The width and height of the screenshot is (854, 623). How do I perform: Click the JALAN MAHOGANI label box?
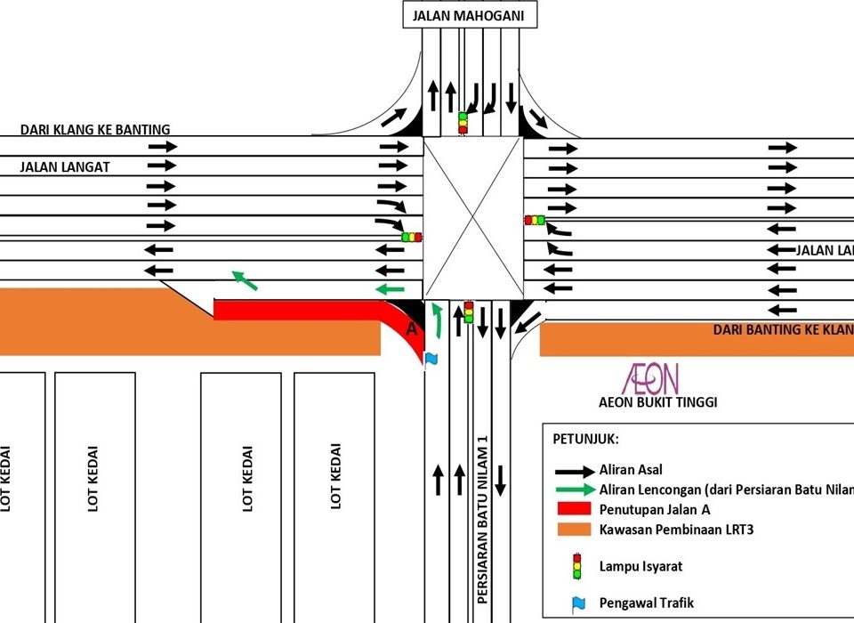pos(470,15)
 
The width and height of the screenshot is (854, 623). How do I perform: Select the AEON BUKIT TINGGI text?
pos(657,402)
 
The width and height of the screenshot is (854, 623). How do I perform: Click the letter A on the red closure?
pos(411,328)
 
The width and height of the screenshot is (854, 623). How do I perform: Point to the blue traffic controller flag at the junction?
pos(432,358)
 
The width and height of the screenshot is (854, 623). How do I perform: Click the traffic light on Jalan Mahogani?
pos(463,122)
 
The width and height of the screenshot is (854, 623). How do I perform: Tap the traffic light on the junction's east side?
pos(535,220)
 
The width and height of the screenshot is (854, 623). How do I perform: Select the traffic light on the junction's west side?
pos(411,237)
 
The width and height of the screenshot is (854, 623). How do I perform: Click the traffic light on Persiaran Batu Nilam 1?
pos(468,311)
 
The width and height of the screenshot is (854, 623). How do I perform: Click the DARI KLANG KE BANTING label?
pos(95,130)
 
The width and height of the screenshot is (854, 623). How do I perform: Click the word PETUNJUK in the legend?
pos(587,440)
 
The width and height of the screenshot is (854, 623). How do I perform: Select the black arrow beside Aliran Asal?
pos(576,470)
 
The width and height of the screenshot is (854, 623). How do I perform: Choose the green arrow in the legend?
pos(576,489)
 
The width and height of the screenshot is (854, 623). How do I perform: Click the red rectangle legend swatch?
pos(576,510)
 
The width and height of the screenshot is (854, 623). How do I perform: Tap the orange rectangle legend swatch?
pos(576,530)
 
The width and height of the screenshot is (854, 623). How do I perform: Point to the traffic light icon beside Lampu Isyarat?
pos(576,565)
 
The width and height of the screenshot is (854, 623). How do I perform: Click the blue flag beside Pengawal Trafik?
pos(578,603)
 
